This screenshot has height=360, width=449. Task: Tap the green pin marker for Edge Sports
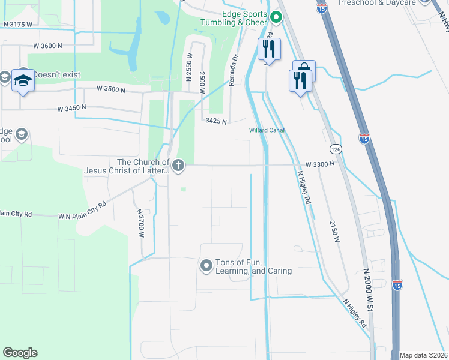point(276,17)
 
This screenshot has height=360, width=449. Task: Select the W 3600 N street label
point(48,46)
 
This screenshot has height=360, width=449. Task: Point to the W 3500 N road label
point(112,90)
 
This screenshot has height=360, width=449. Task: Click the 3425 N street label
point(215,122)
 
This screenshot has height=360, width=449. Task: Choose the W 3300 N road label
point(319,163)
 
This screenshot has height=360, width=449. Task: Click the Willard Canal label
point(267,130)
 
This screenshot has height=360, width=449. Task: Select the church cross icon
point(178,165)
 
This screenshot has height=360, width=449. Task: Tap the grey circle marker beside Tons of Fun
point(206,265)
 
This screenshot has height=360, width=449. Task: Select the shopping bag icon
point(304,68)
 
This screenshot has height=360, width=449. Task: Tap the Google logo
point(20,353)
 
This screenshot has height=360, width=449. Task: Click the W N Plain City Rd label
point(82,209)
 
